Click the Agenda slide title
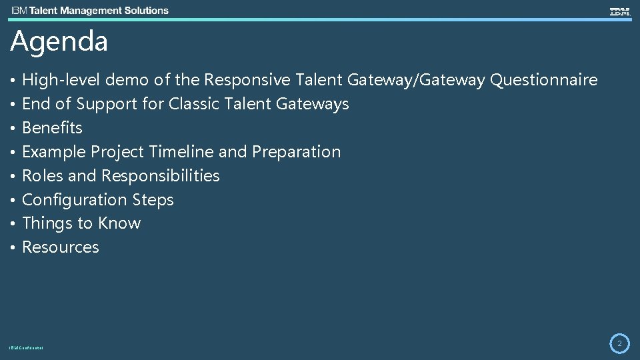(x=59, y=42)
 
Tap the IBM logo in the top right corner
(x=619, y=11)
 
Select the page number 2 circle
(x=619, y=343)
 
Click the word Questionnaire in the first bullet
(x=543, y=81)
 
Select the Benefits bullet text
(x=52, y=128)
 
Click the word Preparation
(x=296, y=152)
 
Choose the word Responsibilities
(x=160, y=176)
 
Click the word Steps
(x=153, y=200)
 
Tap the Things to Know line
(x=81, y=223)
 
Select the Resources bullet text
(x=61, y=247)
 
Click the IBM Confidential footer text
(x=27, y=348)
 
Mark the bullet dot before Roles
(x=13, y=176)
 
